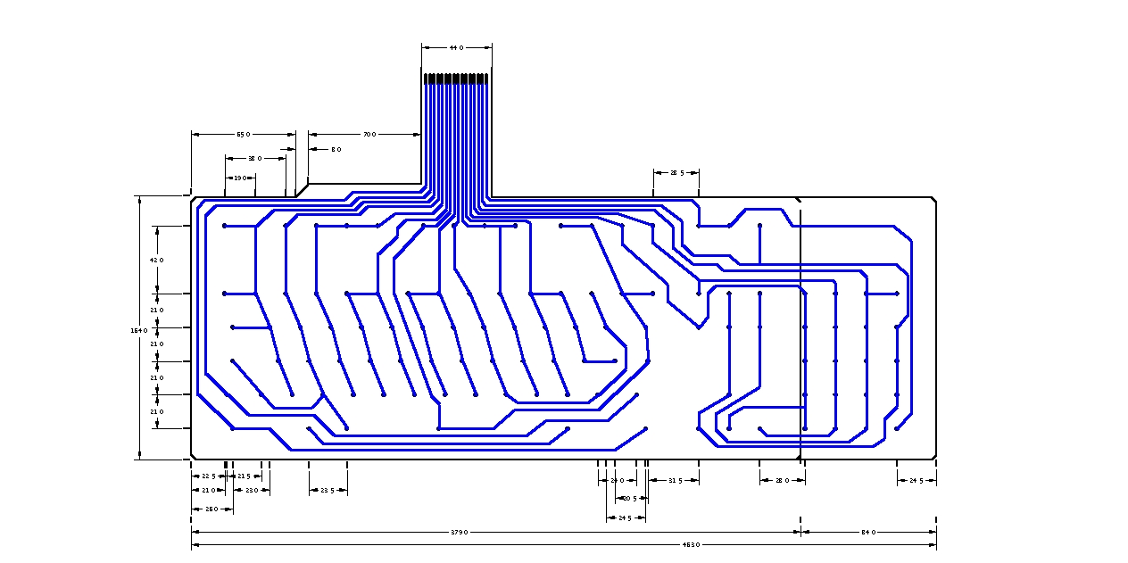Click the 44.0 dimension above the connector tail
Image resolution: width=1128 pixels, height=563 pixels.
click(456, 47)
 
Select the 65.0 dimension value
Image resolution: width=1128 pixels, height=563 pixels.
click(243, 134)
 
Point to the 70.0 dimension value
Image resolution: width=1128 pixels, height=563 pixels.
click(369, 134)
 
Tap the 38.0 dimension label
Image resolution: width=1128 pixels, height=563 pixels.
click(254, 158)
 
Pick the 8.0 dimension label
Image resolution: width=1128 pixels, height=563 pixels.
click(336, 149)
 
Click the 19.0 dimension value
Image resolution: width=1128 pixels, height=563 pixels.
click(239, 178)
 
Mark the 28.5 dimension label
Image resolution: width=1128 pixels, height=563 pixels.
click(676, 172)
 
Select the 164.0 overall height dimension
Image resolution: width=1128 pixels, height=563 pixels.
click(138, 330)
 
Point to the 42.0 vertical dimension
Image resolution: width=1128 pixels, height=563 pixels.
click(157, 260)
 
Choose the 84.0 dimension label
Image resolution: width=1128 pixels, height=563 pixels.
click(867, 532)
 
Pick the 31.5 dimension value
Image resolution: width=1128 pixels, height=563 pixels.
click(675, 481)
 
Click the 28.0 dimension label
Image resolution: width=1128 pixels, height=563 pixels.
click(782, 481)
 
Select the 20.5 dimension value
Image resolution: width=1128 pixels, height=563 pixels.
click(629, 498)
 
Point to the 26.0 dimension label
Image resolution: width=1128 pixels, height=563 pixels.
click(211, 509)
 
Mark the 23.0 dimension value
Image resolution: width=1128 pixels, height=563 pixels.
click(252, 490)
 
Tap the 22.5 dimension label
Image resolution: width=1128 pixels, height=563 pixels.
click(207, 476)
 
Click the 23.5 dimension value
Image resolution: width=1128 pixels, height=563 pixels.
click(328, 490)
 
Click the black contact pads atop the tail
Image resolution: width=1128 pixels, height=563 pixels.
click(456, 79)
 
